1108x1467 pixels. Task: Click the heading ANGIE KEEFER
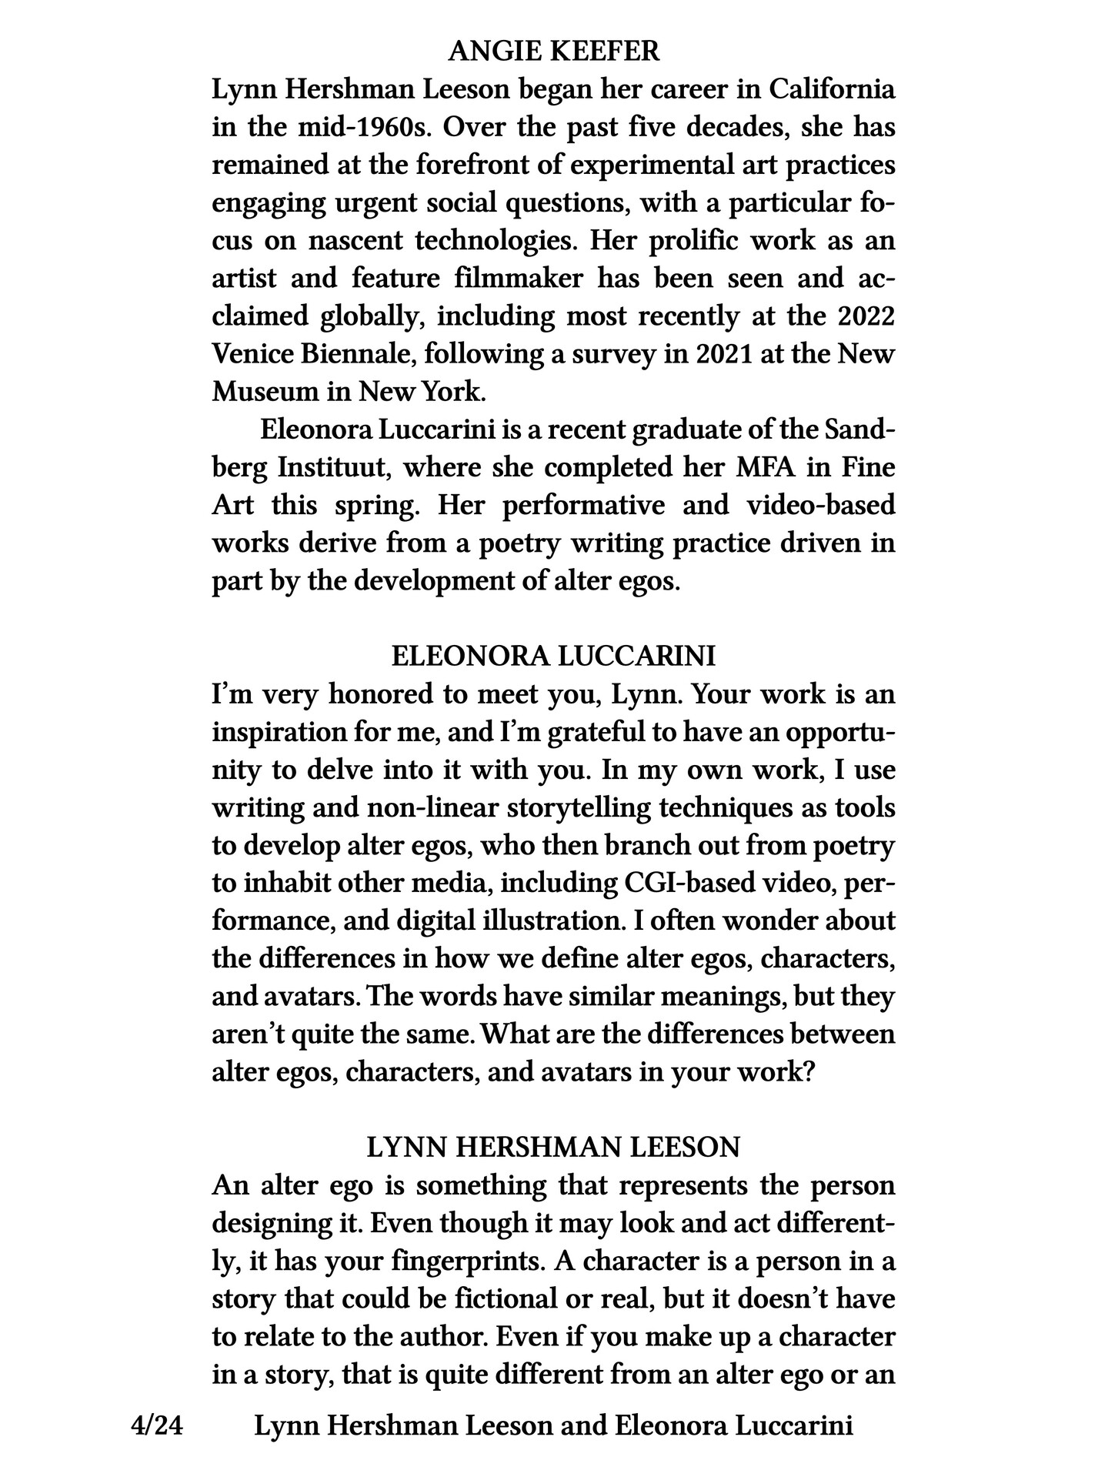[553, 52]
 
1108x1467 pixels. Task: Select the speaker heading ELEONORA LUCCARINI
[553, 657]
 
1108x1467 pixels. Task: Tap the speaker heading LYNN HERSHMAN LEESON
[553, 1148]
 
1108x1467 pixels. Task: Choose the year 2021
[729, 354]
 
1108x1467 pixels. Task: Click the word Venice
[249, 354]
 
